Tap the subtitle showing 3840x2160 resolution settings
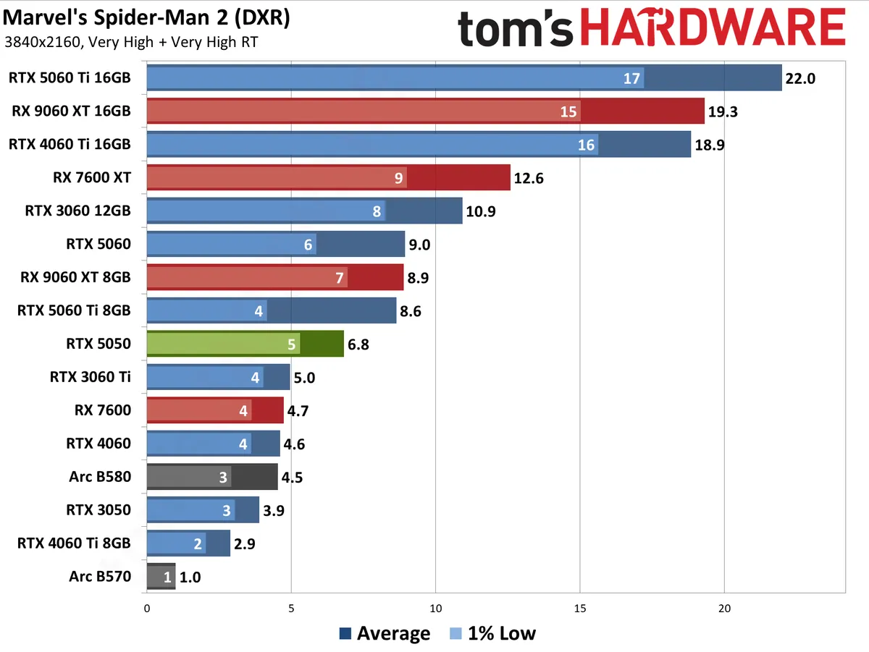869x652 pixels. (x=131, y=42)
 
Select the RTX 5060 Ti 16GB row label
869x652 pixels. (x=70, y=77)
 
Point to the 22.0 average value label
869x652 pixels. (x=800, y=78)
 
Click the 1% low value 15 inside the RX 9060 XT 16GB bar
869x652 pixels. (x=568, y=111)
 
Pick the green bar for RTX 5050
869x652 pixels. (x=245, y=344)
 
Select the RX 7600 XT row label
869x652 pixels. (x=93, y=177)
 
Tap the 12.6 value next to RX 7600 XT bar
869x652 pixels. (x=529, y=178)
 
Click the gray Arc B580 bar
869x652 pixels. (x=211, y=477)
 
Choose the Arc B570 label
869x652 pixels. (x=100, y=577)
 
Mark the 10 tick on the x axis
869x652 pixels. (x=436, y=609)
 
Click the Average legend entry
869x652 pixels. (x=385, y=634)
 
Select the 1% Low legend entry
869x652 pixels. (x=492, y=634)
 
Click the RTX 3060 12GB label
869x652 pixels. (x=77, y=211)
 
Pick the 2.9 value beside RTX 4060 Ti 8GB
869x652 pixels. (x=248, y=543)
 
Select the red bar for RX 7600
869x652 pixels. (x=214, y=410)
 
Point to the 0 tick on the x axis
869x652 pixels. (x=147, y=609)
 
